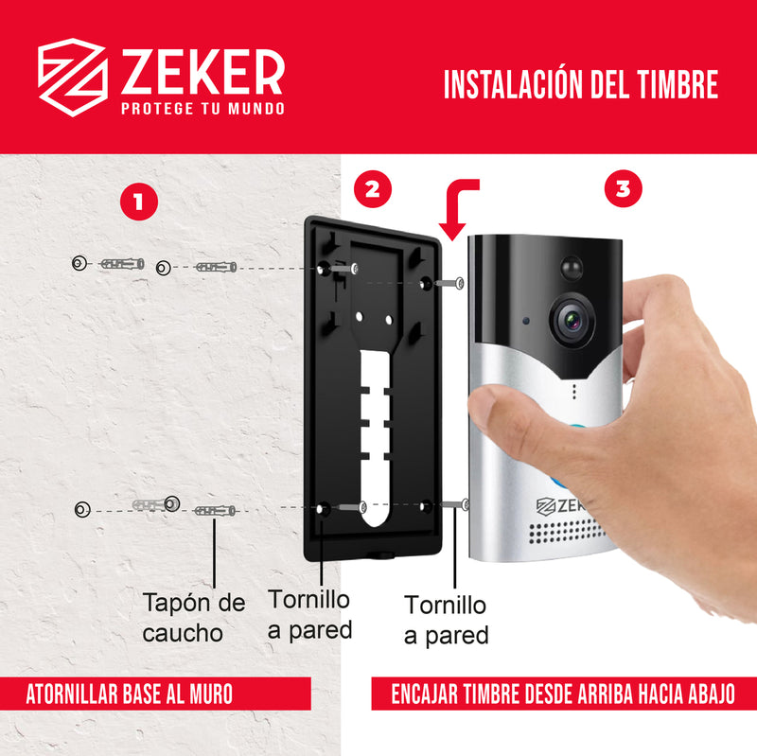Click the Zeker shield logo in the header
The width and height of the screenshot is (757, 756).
coord(71,75)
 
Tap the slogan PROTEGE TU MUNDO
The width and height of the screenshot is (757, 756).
coord(202,109)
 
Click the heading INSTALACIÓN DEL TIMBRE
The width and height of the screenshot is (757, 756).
coord(580,85)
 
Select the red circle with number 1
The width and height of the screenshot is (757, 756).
coord(139,201)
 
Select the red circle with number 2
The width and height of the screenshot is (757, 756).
coord(372,188)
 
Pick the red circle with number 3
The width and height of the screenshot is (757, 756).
coord(622,188)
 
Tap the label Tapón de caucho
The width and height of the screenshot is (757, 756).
coord(193,617)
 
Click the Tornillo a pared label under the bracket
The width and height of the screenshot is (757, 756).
coord(308,614)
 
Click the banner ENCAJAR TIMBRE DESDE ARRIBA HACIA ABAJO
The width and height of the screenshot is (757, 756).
coord(564,694)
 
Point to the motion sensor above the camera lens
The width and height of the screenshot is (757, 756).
coord(572,269)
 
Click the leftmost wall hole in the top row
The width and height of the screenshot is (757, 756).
coord(80,262)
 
